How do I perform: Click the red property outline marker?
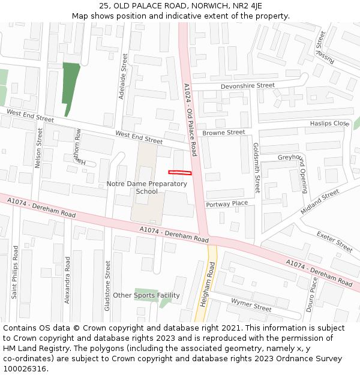click(179, 173)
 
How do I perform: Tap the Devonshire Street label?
click(247, 86)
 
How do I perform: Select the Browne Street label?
click(223, 133)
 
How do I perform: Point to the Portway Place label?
click(227, 204)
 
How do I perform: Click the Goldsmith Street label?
click(256, 167)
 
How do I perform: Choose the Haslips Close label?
click(329, 124)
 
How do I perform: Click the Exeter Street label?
click(334, 242)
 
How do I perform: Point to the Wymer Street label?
click(251, 305)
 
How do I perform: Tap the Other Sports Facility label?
click(146, 295)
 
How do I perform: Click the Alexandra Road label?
click(67, 280)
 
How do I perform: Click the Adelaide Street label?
click(125, 76)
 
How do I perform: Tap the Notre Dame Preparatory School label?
click(146, 187)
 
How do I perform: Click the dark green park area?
click(70, 84)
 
